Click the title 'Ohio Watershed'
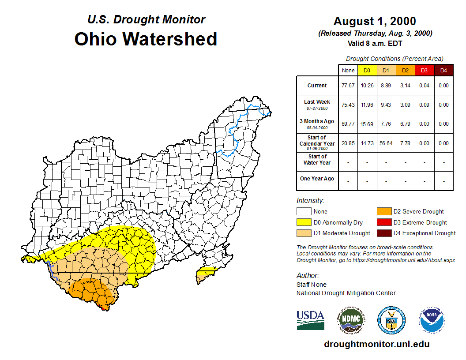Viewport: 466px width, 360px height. (146, 39)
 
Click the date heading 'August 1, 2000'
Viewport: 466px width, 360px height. (375, 21)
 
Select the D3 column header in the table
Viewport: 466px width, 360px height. (424, 71)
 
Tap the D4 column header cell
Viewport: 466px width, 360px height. (443, 71)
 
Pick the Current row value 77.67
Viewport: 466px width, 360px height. (348, 86)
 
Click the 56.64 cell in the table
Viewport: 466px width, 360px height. (386, 143)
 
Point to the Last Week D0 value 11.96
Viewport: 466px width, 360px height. (367, 105)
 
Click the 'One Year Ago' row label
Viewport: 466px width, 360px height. (317, 179)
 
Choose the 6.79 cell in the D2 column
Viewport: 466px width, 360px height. (405, 124)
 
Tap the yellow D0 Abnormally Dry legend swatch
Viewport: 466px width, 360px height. (304, 222)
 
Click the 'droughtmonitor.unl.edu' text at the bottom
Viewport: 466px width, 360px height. (376, 344)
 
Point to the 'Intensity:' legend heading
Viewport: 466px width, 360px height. (310, 200)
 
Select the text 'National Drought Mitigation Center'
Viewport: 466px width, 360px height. (346, 293)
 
